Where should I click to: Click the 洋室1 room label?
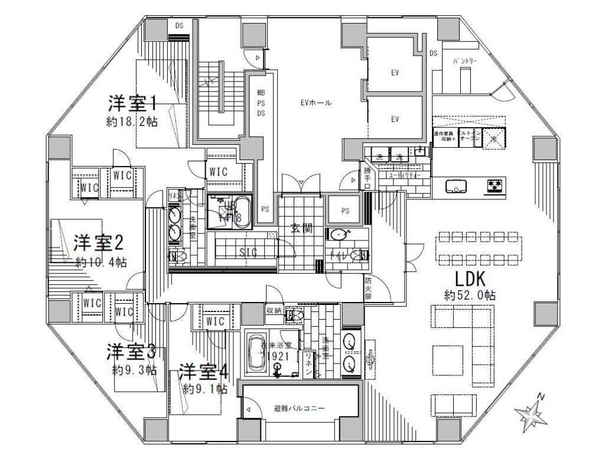click(131, 103)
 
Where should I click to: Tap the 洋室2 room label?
click(98, 243)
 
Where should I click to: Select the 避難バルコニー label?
click(300, 409)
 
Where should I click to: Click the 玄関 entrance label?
click(301, 230)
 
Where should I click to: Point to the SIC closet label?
click(247, 252)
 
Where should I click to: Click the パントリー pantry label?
click(466, 61)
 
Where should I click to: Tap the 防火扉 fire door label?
click(368, 288)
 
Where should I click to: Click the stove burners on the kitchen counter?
click(495, 187)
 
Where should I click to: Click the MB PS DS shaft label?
click(260, 103)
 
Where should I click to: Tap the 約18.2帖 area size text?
click(131, 122)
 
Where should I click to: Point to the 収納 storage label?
click(274, 311)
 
